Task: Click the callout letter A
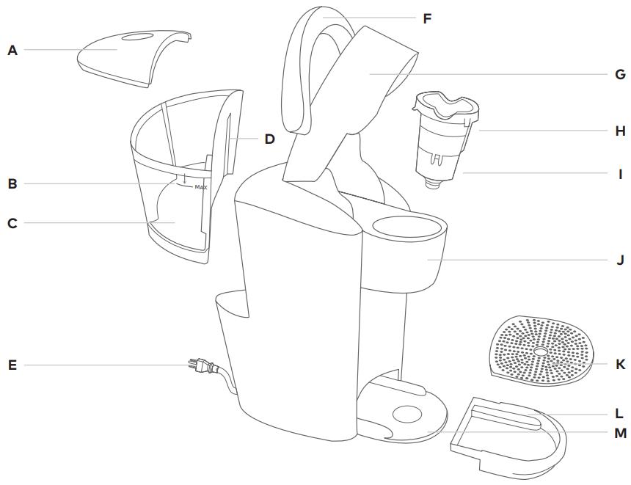point(12,50)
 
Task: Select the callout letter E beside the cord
point(12,364)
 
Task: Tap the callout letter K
point(620,364)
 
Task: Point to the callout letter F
point(427,18)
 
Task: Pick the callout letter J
point(620,260)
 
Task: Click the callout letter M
point(620,433)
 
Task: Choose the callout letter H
point(620,131)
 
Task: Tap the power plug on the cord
point(199,365)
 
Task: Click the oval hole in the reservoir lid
point(137,36)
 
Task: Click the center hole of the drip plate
point(541,353)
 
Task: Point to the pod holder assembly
point(445,139)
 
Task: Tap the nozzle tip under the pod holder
point(434,185)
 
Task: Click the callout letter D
point(269,139)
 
